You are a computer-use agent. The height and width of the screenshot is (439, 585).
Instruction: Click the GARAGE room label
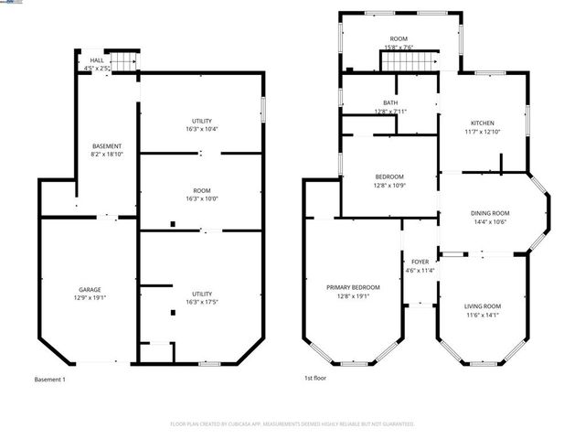90,289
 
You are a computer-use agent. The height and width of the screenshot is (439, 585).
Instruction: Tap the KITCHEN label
483,123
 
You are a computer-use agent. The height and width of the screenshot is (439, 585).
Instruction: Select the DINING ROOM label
490,213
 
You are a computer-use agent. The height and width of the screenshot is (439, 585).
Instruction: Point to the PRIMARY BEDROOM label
353,287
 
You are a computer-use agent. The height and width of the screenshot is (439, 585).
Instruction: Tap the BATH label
390,103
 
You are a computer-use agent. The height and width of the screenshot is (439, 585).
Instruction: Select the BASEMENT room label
107,146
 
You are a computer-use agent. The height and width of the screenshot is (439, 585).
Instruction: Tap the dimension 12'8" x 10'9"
389,185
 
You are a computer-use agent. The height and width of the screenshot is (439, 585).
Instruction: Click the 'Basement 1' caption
49,380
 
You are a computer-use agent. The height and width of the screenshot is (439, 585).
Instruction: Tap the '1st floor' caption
315,378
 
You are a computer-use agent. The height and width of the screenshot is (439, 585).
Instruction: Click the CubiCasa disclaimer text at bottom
292,424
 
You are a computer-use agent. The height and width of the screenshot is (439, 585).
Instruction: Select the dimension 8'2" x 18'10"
107,155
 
